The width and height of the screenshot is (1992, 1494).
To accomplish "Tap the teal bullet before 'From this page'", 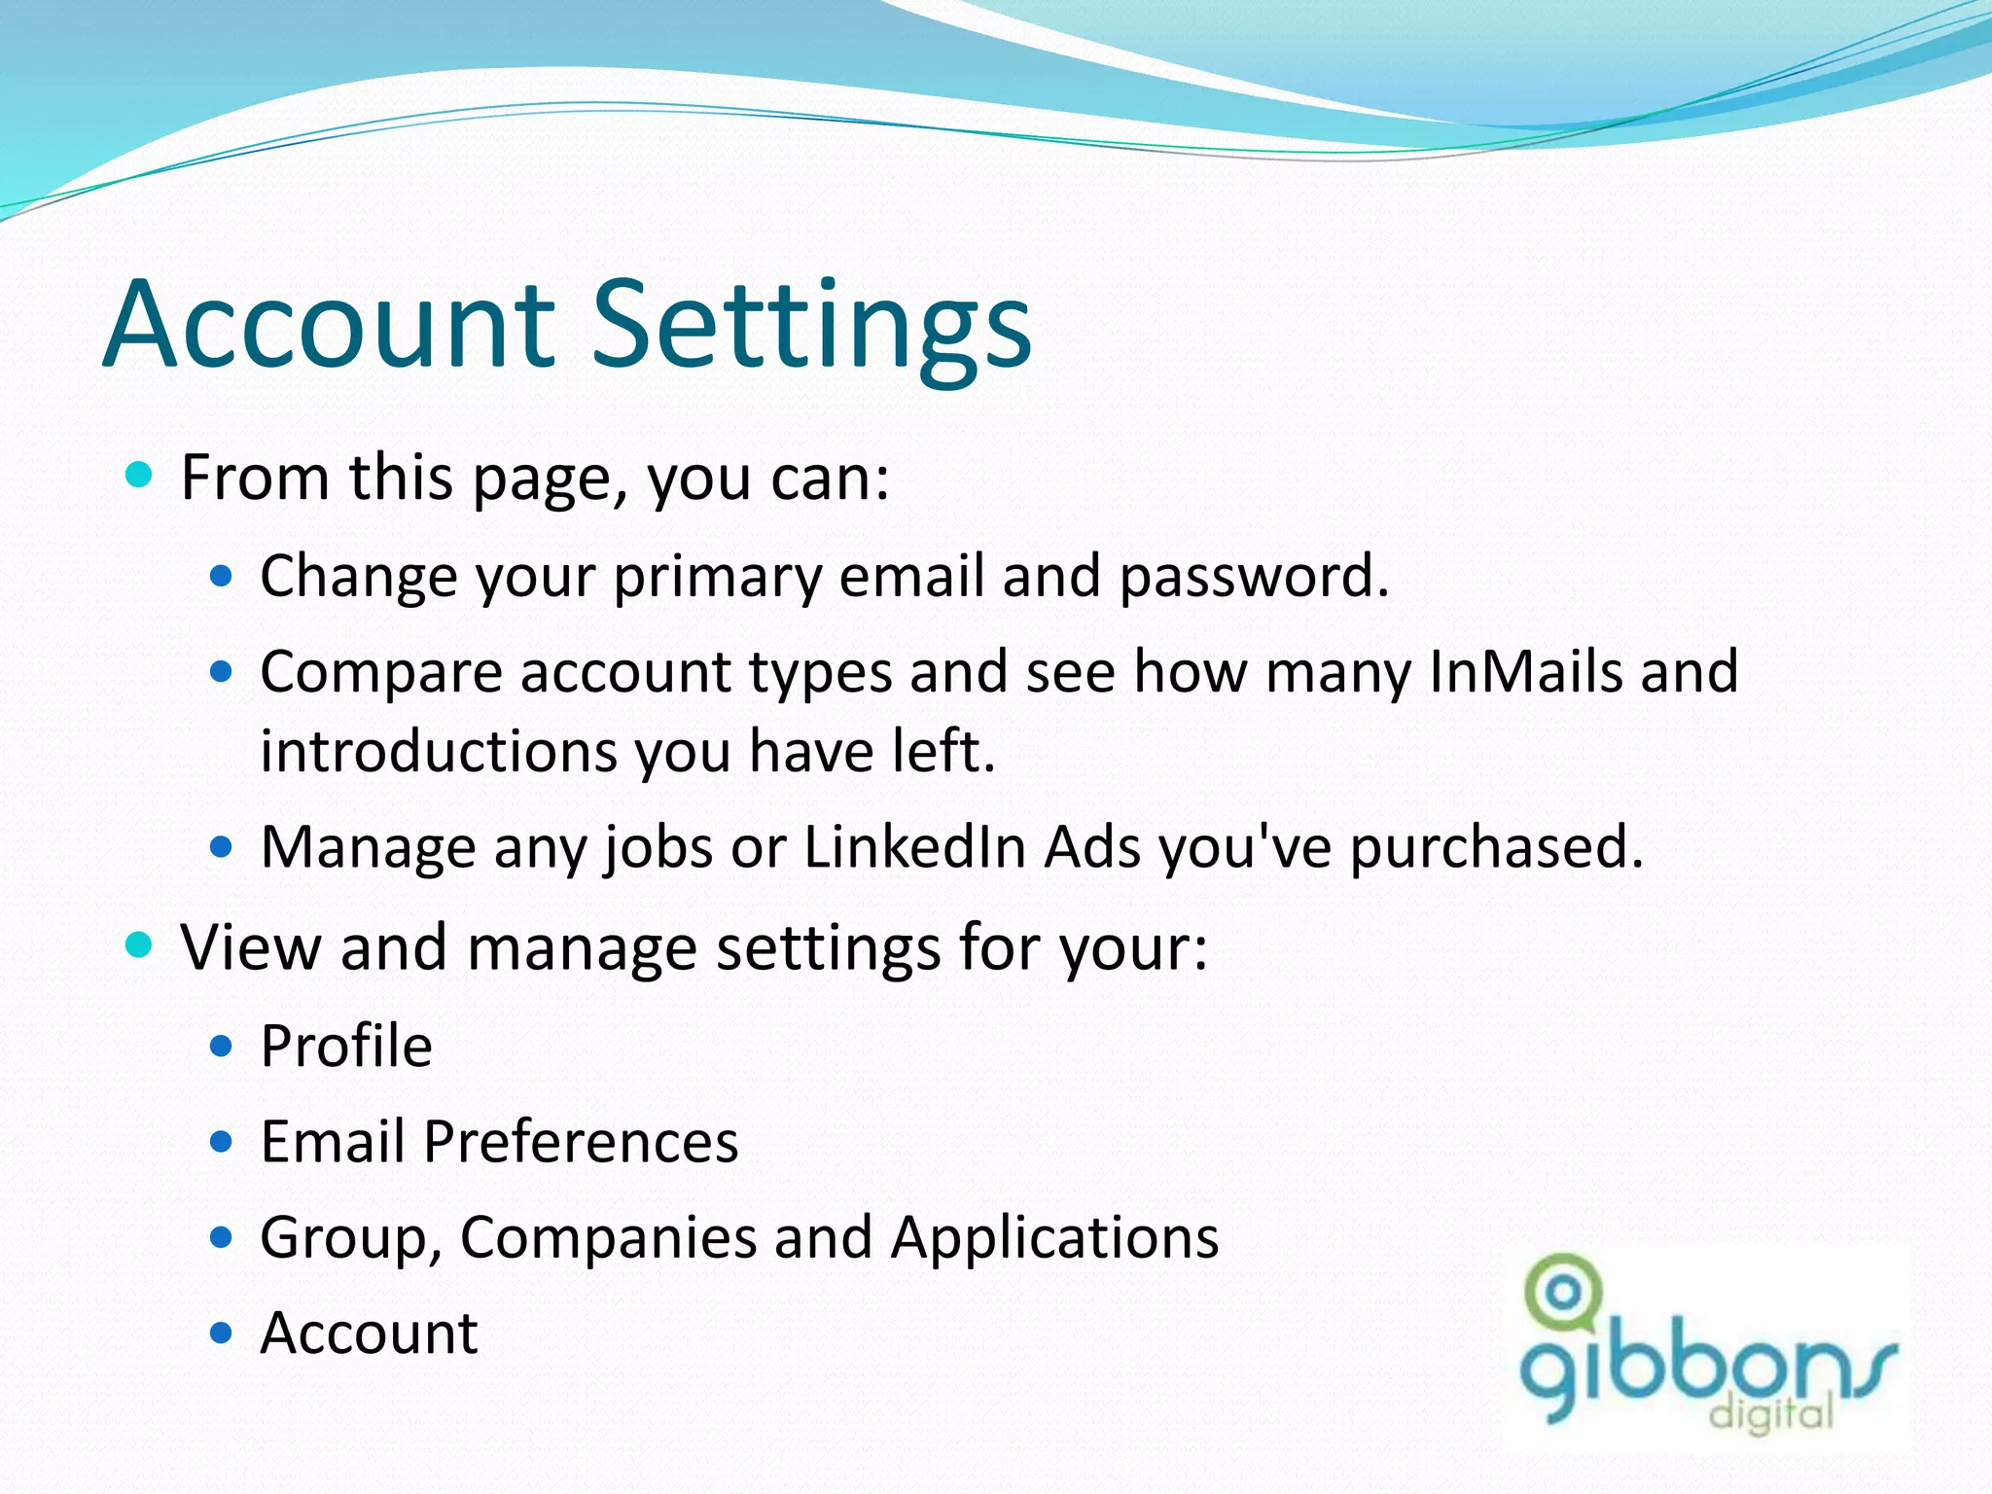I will pyautogui.click(x=140, y=476).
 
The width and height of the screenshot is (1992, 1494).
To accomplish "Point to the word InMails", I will pyautogui.click(x=1526, y=671).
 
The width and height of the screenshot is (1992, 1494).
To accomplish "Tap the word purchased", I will pyautogui.click(x=1495, y=846).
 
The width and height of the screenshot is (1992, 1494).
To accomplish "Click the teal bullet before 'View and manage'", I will pyautogui.click(x=140, y=944).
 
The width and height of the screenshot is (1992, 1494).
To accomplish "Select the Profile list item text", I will pyautogui.click(x=346, y=1047).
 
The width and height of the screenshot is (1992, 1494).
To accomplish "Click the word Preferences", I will pyautogui.click(x=581, y=1141).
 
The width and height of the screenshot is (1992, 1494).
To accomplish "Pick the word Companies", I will pyautogui.click(x=608, y=1237).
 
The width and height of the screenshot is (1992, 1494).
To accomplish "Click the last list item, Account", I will pyautogui.click(x=369, y=1333).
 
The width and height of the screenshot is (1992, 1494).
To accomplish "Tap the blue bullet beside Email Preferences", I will pyautogui.click(x=222, y=1141).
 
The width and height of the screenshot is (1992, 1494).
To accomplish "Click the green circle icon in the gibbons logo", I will pyautogui.click(x=1563, y=1293).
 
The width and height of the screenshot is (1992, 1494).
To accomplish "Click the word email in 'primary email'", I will pyautogui.click(x=911, y=577).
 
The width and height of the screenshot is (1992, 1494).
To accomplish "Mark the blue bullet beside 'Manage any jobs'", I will pyautogui.click(x=222, y=847).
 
